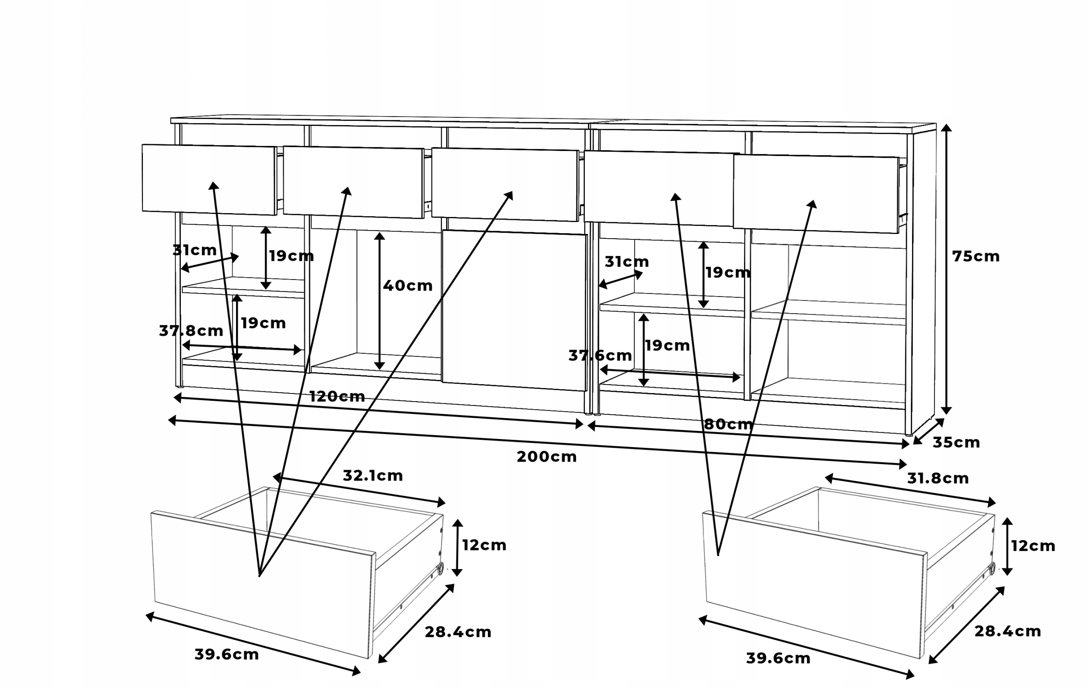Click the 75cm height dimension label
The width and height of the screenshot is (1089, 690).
[975, 257]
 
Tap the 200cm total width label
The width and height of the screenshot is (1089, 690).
[546, 457]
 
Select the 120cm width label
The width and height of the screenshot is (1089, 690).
[337, 396]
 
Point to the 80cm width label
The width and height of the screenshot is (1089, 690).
[728, 424]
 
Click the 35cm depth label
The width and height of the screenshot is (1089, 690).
[956, 442]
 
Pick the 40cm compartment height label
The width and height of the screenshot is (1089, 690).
[408, 286]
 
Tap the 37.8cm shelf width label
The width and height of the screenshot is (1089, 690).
[191, 331]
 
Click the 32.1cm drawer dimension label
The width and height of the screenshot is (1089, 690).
[373, 476]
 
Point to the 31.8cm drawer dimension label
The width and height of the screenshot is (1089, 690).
[938, 479]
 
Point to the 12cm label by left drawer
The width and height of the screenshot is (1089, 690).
[484, 545]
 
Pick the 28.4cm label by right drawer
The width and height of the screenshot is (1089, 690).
[1008, 631]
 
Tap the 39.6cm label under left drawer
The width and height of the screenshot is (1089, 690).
[226, 654]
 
